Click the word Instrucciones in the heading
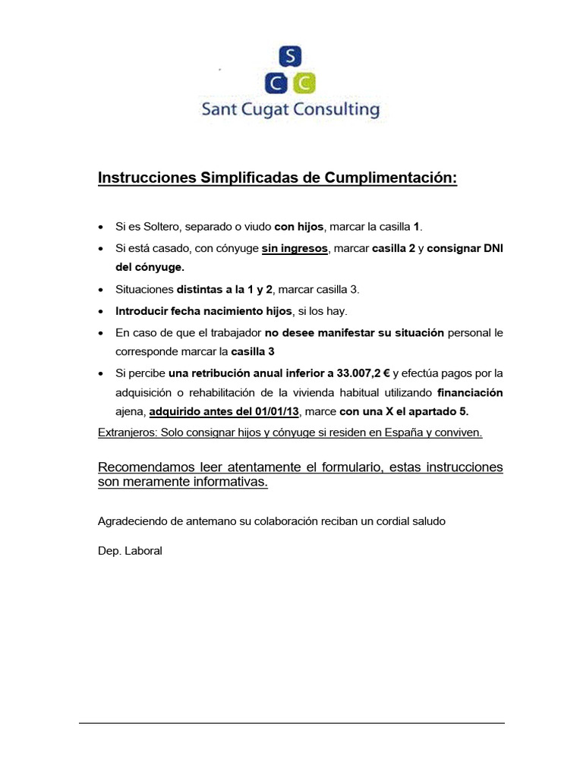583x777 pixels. coord(147,178)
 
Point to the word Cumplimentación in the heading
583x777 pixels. coord(391,178)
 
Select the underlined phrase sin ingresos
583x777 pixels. coord(295,248)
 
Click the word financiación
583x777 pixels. coord(470,392)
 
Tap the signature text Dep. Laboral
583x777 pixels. coord(131,551)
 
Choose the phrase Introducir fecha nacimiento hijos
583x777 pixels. coord(203,311)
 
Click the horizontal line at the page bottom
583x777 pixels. coord(291,723)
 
